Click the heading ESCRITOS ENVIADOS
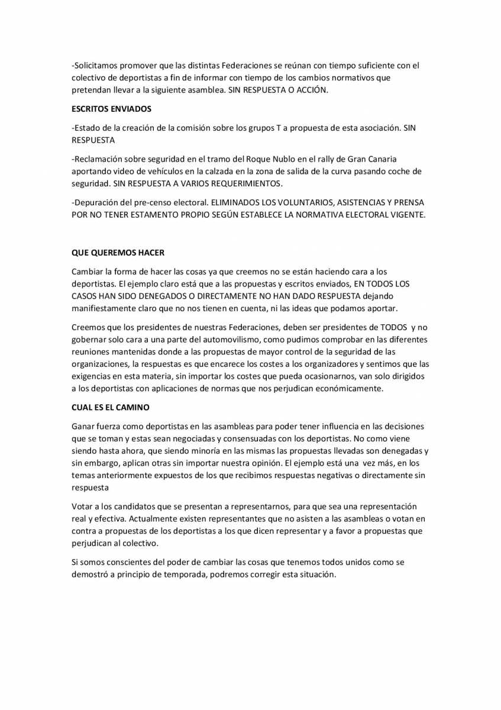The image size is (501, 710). [x=111, y=109]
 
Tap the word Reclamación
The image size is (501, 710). [x=99, y=160]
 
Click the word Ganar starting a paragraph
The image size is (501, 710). [x=83, y=427]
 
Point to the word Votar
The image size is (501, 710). [x=82, y=507]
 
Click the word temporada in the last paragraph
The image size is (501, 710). [x=180, y=575]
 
